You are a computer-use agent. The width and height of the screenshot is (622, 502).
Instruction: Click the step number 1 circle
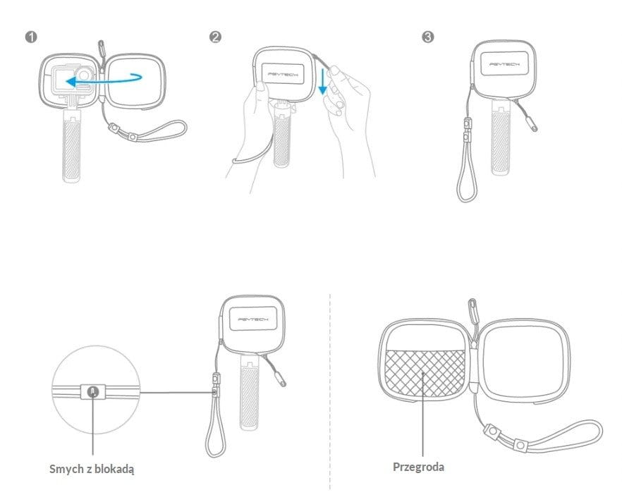tap(31, 37)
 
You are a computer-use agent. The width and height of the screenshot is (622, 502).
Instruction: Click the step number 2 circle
tap(215, 37)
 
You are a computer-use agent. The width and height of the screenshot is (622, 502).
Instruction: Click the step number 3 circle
tap(427, 37)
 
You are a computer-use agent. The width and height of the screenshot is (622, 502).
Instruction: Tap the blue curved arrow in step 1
tap(104, 80)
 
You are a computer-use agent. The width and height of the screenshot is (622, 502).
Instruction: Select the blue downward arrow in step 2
tap(323, 81)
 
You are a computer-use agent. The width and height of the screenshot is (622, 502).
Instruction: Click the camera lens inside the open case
tap(84, 74)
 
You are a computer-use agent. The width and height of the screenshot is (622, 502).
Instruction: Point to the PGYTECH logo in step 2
tap(283, 74)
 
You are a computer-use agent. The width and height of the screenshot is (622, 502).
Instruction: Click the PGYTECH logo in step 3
tap(504, 64)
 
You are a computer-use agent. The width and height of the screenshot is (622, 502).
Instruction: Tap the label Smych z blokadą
tap(92, 470)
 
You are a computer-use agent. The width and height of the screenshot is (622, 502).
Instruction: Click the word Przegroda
tap(418, 467)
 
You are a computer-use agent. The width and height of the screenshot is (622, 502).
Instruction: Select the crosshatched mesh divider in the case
tap(425, 373)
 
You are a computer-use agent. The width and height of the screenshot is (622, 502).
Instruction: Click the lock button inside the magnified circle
tap(93, 392)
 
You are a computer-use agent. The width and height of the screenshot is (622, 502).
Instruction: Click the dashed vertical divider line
tap(330, 392)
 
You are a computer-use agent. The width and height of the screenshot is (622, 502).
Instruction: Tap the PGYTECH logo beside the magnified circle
tap(253, 319)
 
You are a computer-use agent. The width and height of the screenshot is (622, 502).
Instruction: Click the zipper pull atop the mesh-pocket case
tap(472, 310)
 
